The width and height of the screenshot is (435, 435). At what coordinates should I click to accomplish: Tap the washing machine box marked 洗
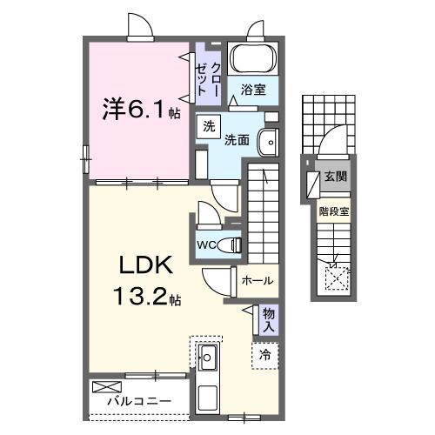[209, 126]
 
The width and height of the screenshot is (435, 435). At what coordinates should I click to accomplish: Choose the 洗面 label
[238, 139]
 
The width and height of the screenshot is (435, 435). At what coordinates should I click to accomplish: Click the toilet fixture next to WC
[230, 244]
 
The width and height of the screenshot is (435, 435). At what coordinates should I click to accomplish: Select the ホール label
[258, 281]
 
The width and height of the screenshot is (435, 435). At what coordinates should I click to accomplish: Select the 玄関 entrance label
[334, 177]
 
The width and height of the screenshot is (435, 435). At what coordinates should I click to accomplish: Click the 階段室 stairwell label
[333, 210]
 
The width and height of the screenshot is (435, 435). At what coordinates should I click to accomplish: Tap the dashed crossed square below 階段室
[336, 277]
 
